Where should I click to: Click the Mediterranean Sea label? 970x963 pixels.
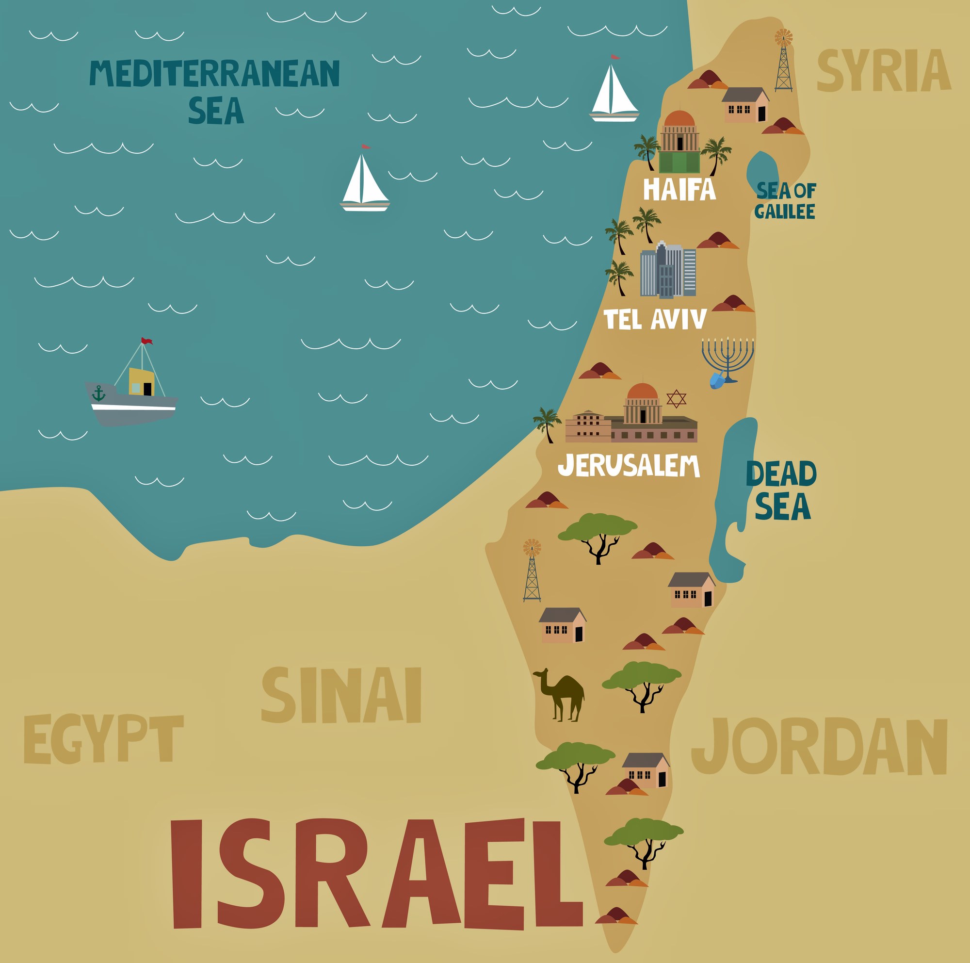tap(215, 90)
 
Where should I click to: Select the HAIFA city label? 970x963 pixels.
tap(679, 190)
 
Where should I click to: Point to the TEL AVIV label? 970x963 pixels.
tap(655, 319)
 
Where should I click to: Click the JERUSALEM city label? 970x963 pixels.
tap(629, 466)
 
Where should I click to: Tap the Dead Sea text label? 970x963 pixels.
tap(782, 490)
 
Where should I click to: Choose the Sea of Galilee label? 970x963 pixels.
tap(785, 201)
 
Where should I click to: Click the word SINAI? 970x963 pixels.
tap(341, 696)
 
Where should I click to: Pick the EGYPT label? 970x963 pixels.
tap(103, 739)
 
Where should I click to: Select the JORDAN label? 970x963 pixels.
tap(819, 747)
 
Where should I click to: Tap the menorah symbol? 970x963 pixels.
tap(728, 358)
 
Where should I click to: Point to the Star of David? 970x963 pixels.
tap(676, 399)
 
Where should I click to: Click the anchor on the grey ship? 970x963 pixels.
tap(99, 393)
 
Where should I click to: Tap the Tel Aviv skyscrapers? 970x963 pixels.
tap(668, 271)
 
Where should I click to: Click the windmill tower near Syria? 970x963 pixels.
tap(783, 63)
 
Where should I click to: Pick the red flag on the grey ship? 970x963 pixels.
tap(146, 342)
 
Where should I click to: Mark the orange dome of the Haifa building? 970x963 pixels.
tap(679, 119)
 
